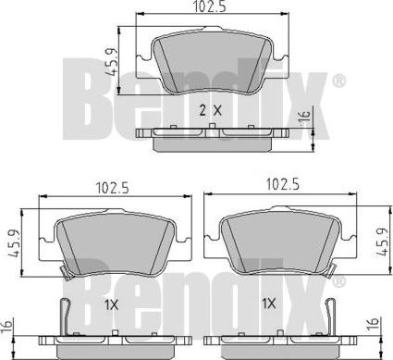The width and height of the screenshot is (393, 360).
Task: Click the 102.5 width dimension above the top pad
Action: [x=210, y=6]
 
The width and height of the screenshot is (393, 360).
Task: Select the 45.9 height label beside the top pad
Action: [x=111, y=62]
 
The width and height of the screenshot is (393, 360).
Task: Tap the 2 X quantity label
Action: [x=210, y=110]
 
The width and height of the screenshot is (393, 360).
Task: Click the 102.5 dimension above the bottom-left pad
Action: [x=112, y=188]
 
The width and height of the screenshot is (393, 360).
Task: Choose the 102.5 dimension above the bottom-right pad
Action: [x=283, y=185]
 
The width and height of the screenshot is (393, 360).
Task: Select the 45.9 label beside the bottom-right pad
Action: [x=382, y=242]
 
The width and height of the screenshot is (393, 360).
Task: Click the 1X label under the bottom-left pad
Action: [x=112, y=305]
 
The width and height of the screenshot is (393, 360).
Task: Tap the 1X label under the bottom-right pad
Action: [x=268, y=304]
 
